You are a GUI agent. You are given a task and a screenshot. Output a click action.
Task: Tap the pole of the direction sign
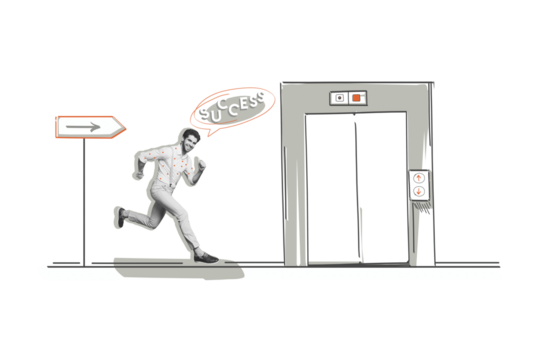click(x=83, y=200)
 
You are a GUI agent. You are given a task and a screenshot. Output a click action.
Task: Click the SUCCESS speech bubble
click(x=232, y=108)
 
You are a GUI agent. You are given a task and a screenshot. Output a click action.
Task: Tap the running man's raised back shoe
click(x=119, y=216)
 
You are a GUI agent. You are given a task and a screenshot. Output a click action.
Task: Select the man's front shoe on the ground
click(x=206, y=256)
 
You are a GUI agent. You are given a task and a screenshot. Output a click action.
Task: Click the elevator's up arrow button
click(x=418, y=178)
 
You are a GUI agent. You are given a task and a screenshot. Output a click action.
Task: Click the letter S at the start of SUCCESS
click(x=203, y=111)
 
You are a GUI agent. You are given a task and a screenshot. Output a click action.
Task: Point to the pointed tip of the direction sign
click(x=125, y=126)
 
